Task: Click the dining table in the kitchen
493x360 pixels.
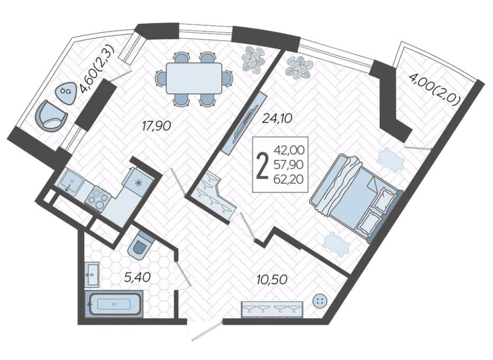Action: tap(194, 78)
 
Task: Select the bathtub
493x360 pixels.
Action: tap(114, 304)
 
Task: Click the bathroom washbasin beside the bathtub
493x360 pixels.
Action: tap(92, 274)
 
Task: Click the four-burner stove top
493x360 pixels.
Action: tap(98, 197)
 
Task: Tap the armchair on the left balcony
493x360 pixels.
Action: tap(51, 115)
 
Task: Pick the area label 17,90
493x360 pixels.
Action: tap(157, 126)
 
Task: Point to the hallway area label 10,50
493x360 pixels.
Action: tap(272, 280)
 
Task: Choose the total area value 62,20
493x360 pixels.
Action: tap(289, 179)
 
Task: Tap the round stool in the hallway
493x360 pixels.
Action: tap(321, 301)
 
